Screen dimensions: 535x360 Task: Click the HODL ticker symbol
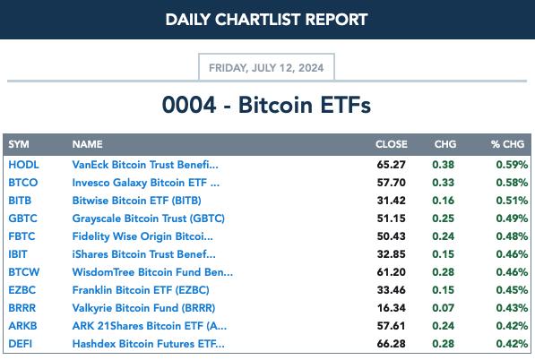click(x=23, y=165)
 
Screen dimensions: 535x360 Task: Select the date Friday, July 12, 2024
click(x=266, y=68)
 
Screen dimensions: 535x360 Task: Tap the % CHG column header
click(x=507, y=144)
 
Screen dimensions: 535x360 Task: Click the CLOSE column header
click(x=392, y=144)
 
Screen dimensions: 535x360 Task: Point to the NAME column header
click(x=87, y=144)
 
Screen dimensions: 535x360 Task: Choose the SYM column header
click(x=19, y=144)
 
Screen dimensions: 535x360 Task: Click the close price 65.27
click(x=392, y=165)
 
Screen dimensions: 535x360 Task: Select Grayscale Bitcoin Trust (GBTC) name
click(x=149, y=219)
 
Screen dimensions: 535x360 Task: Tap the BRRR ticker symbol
click(x=22, y=308)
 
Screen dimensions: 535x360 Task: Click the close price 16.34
click(x=392, y=308)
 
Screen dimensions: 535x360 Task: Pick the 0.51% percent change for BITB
click(x=512, y=201)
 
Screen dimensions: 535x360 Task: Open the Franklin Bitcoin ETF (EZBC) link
click(x=141, y=290)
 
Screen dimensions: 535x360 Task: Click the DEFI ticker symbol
click(x=21, y=344)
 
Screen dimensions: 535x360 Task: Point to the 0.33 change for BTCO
click(x=444, y=183)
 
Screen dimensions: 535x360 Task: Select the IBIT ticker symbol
click(x=18, y=254)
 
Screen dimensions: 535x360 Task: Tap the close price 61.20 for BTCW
click(x=392, y=272)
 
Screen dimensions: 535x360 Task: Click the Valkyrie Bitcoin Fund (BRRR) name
click(x=143, y=308)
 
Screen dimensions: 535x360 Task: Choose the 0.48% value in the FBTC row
click(x=512, y=236)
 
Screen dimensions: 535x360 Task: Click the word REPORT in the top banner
click(x=336, y=20)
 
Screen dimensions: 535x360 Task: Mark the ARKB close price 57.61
click(x=392, y=326)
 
